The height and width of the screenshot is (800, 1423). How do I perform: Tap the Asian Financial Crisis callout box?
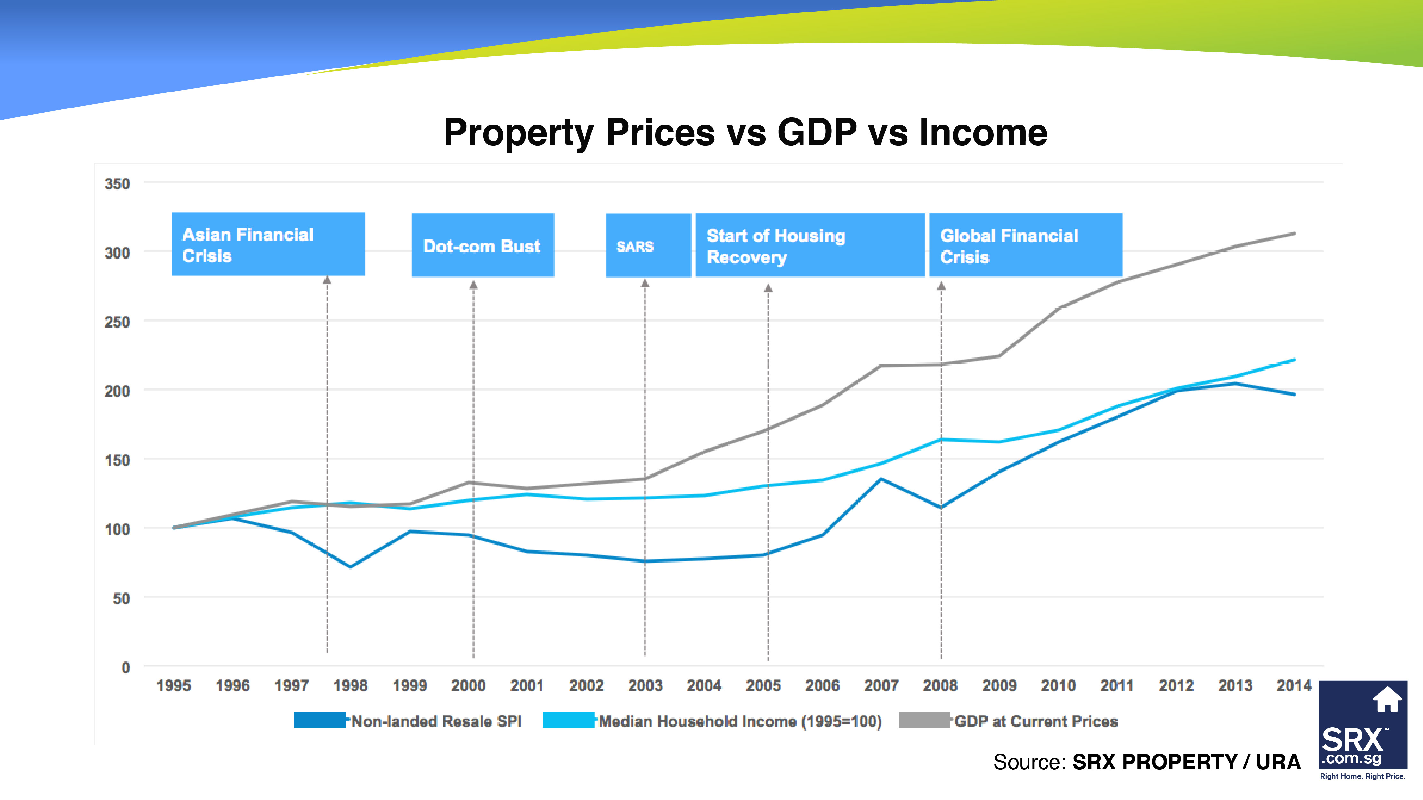coord(268,244)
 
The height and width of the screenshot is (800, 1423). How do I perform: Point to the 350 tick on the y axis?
coord(117,184)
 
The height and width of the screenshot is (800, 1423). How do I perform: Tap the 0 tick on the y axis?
coord(126,668)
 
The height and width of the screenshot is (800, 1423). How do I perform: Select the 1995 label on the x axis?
coord(174,686)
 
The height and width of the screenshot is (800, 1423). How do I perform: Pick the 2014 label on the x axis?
coord(1294,686)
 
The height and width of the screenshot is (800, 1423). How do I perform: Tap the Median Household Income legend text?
coord(740,722)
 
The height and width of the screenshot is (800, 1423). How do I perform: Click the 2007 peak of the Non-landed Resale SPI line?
coord(881,479)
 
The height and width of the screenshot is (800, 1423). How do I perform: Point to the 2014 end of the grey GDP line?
coord(1294,233)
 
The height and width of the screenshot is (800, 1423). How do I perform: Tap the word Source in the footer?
coord(1028,762)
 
